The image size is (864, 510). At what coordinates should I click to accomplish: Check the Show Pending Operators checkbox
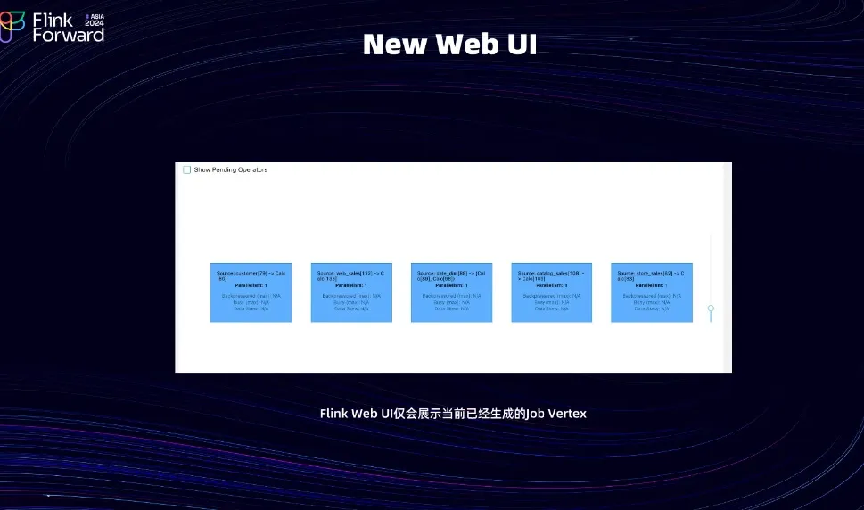point(187,169)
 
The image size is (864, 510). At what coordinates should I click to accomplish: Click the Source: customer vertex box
point(251,292)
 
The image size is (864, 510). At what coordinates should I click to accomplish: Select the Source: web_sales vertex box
point(351,292)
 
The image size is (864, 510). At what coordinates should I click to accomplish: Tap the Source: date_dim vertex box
point(451,292)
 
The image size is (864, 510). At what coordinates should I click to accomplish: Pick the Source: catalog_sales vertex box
point(551,292)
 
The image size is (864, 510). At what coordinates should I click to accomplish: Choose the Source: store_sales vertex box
point(651,292)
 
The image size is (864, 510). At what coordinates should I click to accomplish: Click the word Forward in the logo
point(69,35)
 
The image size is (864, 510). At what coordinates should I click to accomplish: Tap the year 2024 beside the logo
point(95,23)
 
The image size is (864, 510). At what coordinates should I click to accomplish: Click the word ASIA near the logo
point(97,16)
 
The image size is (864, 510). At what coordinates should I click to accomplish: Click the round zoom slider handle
point(711,308)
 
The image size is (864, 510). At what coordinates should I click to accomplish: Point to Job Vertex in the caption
point(556,414)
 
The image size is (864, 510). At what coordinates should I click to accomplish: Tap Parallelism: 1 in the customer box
point(251,285)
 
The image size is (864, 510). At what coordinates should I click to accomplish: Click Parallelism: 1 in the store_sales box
point(651,285)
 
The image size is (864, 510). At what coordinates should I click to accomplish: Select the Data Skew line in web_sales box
point(351,308)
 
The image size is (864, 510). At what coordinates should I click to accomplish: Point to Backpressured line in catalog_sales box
point(551,296)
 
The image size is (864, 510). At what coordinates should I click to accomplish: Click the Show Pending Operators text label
point(231,169)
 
